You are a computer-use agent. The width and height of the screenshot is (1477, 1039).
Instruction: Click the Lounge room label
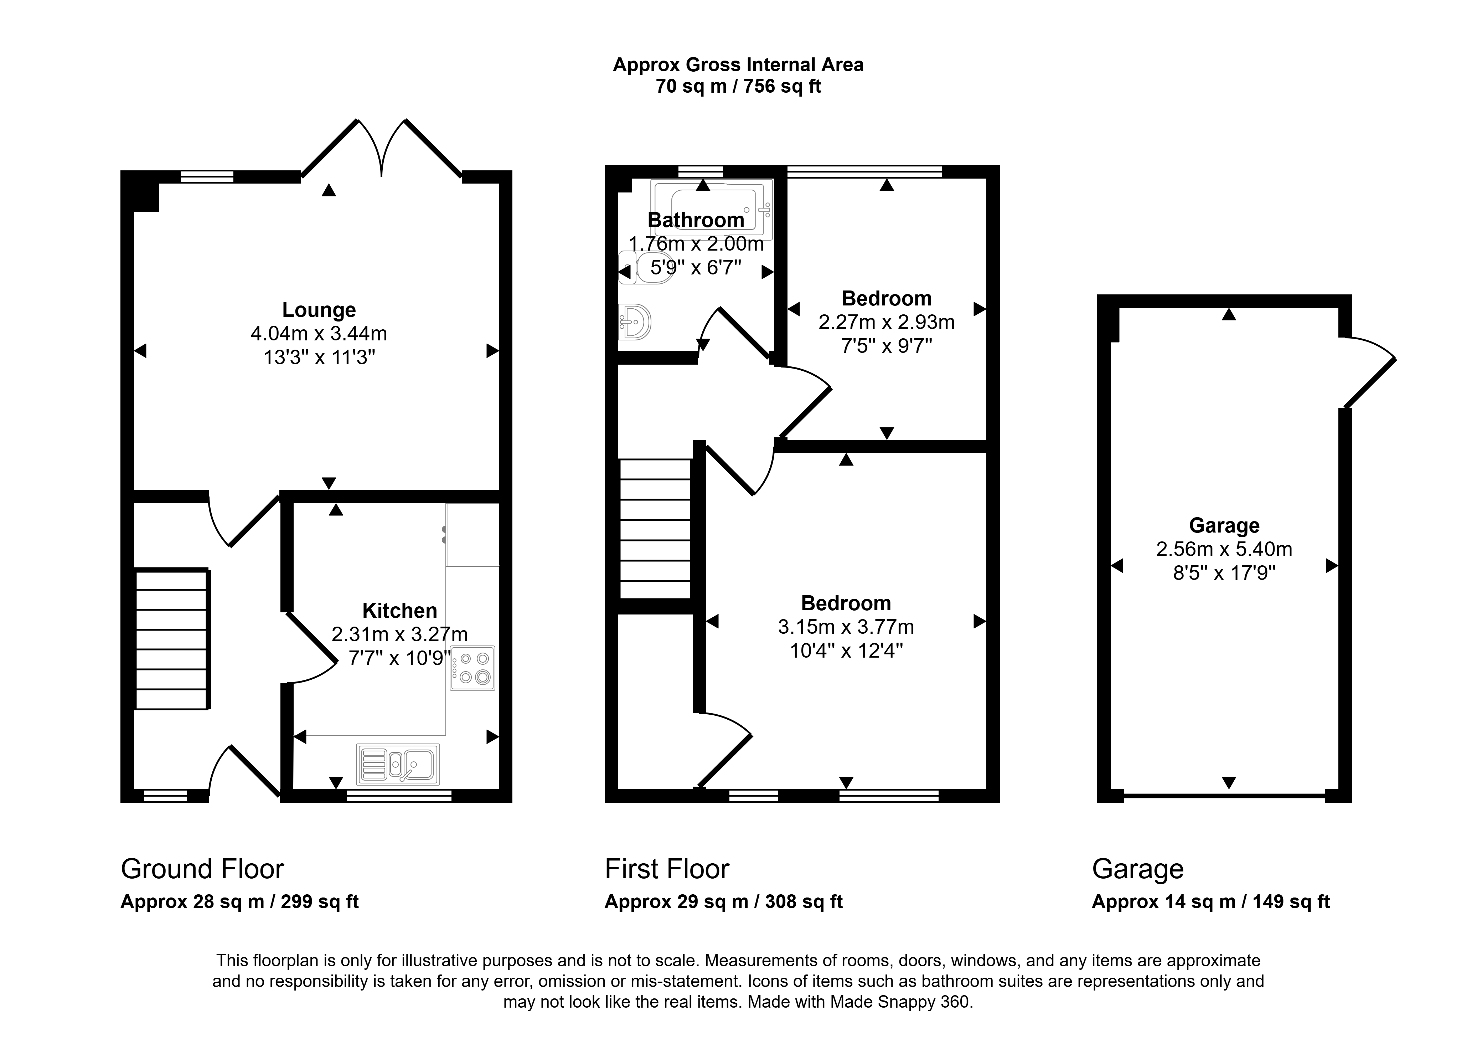[319, 310]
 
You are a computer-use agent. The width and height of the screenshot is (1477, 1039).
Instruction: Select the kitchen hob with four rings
[472, 668]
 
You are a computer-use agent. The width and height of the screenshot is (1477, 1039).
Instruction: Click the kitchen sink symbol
[398, 764]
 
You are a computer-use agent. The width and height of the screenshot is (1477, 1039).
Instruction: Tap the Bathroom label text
[696, 220]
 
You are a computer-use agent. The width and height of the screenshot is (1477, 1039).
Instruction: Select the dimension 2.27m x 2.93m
[887, 322]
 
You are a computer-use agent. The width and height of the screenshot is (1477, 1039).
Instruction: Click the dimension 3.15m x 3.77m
[846, 627]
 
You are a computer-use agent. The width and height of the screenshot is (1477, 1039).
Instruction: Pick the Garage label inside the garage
[1224, 526]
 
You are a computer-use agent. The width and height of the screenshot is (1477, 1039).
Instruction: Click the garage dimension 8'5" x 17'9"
[1224, 572]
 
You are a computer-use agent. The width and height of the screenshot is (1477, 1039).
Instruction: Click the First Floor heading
[667, 869]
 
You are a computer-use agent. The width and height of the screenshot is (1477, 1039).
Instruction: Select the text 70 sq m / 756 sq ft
[738, 86]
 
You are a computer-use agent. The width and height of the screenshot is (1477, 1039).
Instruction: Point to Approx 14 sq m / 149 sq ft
[1211, 902]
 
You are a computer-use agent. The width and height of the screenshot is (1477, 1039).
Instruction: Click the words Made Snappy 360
[900, 1002]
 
